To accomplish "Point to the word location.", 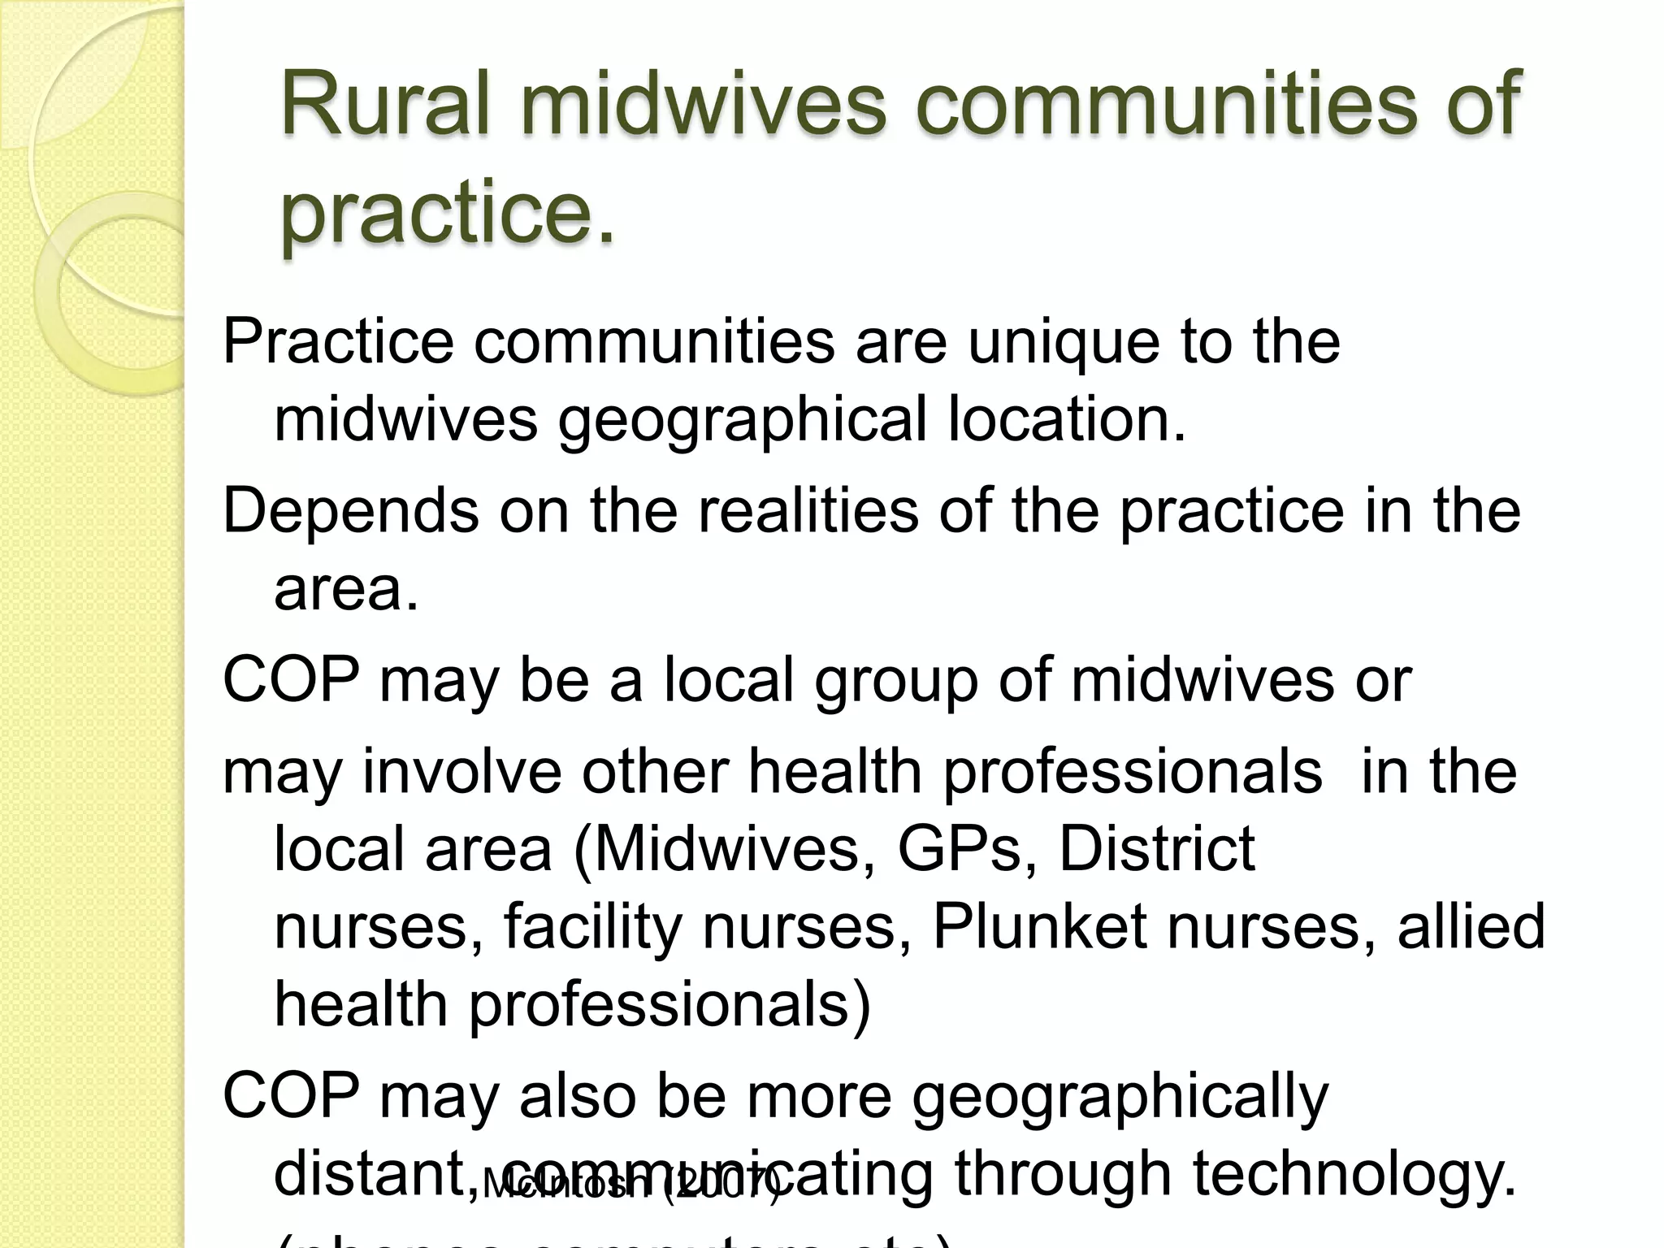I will [x=1067, y=419].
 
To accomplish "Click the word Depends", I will [x=351, y=511].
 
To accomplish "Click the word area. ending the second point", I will [x=346, y=589].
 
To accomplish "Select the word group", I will [x=896, y=681].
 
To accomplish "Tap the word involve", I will [x=461, y=771].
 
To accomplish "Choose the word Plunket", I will [x=1040, y=926].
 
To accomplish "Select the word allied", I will [x=1471, y=926].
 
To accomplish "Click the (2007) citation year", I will [x=722, y=1185].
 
